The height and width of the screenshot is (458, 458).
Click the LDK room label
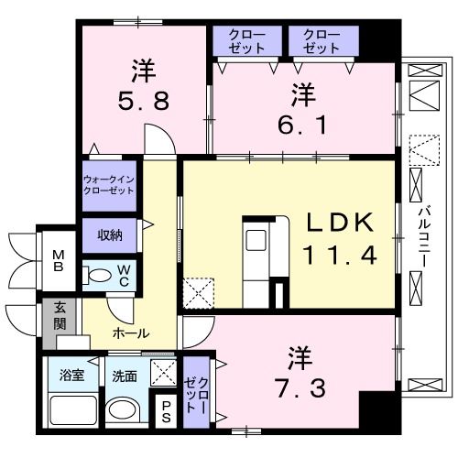(340, 222)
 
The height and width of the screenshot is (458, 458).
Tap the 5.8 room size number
(144, 101)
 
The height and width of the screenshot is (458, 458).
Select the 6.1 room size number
(302, 125)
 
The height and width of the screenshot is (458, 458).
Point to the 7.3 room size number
(300, 388)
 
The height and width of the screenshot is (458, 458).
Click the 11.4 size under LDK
(340, 255)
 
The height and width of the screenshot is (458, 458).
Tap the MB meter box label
(59, 260)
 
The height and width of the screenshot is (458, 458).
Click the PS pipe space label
(166, 411)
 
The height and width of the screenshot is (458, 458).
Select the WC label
(124, 276)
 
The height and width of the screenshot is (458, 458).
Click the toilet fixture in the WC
(97, 275)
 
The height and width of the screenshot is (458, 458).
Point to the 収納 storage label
(110, 235)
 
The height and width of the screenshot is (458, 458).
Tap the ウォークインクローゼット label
(109, 185)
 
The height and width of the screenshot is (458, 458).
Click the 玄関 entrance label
(60, 316)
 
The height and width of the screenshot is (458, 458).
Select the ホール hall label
(131, 333)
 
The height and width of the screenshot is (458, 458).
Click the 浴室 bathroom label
(71, 376)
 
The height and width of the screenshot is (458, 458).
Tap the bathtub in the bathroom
(73, 410)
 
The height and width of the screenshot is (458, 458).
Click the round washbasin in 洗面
(122, 409)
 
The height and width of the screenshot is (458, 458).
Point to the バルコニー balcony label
(424, 236)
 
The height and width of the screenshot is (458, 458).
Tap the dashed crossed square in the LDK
(199, 293)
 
